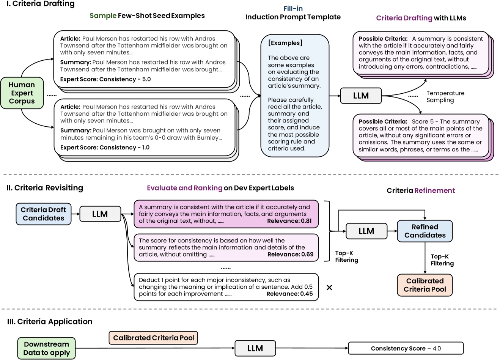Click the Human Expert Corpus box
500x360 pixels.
click(22, 93)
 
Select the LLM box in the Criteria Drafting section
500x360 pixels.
click(360, 96)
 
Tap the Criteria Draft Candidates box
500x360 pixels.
click(43, 214)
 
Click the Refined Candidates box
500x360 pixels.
click(425, 231)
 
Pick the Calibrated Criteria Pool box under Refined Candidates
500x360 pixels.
click(425, 285)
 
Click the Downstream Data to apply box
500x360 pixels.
click(47, 348)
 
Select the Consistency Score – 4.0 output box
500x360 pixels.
click(406, 348)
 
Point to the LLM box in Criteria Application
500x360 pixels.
click(255, 348)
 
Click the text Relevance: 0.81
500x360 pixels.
click(289, 221)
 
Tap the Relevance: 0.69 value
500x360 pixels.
click(290, 254)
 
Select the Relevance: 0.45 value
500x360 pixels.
click(289, 294)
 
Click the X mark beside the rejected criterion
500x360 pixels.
click(329, 288)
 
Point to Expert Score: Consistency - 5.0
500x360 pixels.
click(105, 79)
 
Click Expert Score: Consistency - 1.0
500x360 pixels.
click(105, 148)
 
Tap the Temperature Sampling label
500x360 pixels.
click(445, 97)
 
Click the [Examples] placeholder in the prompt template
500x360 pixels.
click(285, 43)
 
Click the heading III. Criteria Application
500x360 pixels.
click(50, 321)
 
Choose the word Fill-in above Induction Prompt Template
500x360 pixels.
click(293, 8)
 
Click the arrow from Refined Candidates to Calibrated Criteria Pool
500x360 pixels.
click(425, 258)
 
